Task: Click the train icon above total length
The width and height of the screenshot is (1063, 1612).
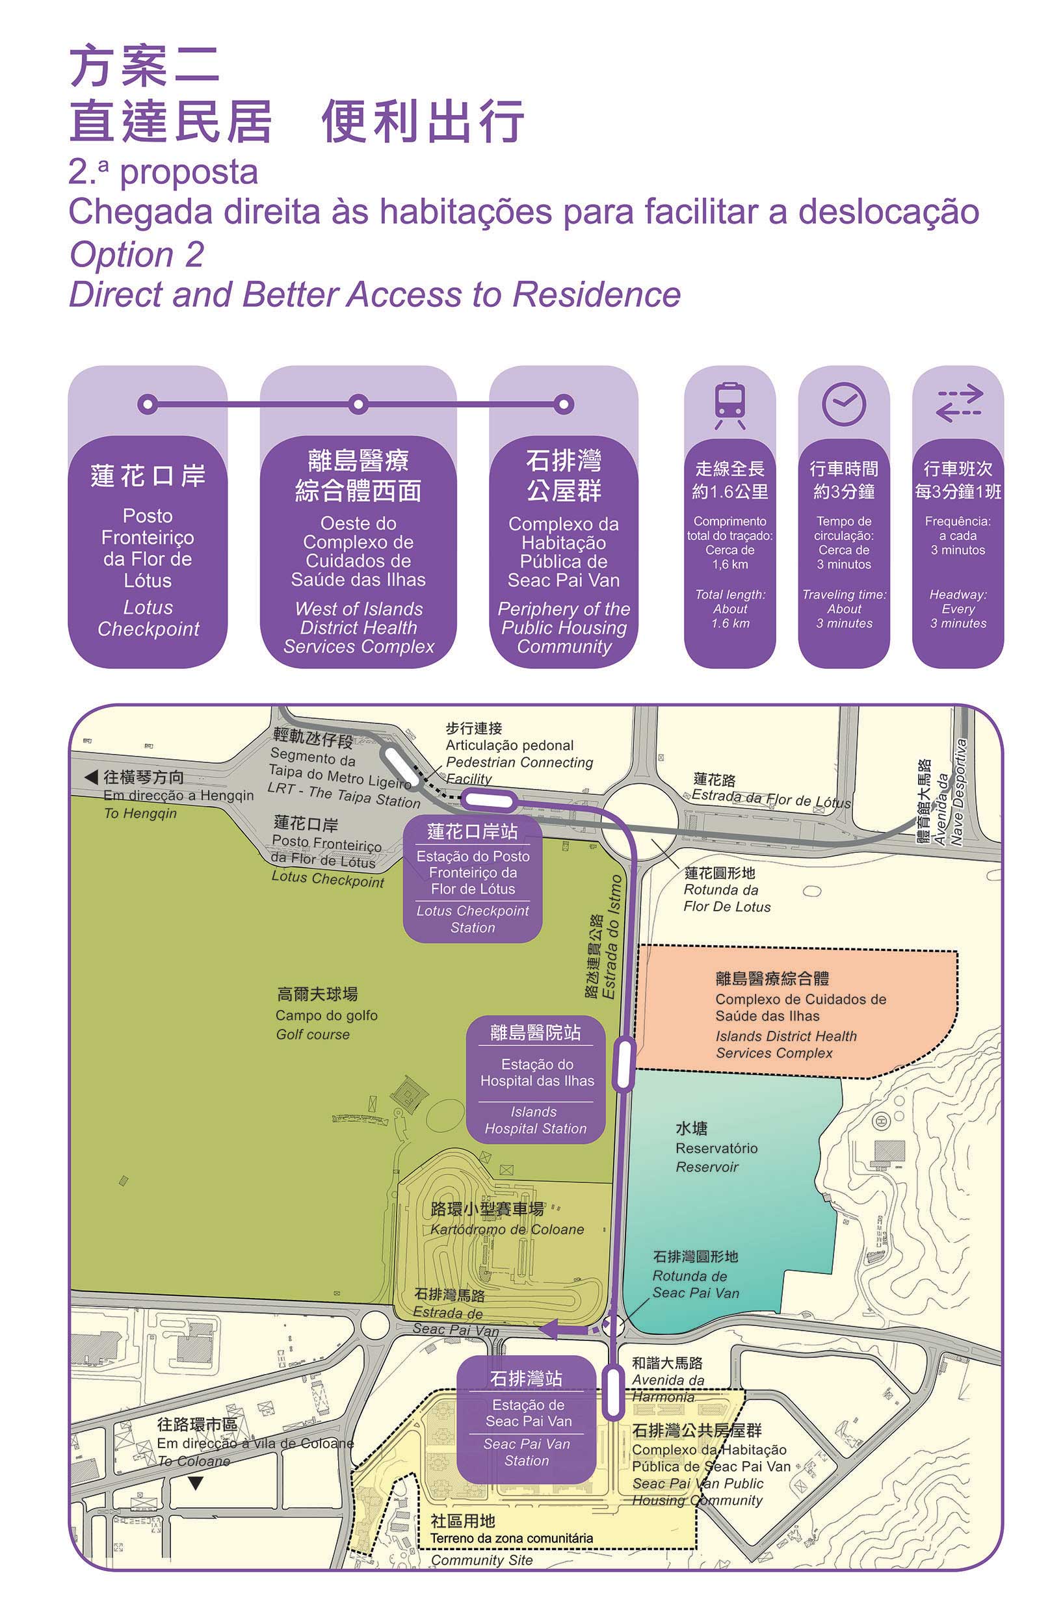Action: (x=729, y=404)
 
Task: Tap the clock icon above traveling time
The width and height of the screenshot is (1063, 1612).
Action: (x=843, y=404)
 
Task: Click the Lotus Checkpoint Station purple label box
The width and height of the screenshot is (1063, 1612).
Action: (x=473, y=879)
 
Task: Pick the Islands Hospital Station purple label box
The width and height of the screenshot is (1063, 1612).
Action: (x=535, y=1080)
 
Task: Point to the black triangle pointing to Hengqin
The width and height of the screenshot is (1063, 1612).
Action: (x=91, y=777)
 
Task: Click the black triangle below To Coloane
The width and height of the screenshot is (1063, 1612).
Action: (x=195, y=1483)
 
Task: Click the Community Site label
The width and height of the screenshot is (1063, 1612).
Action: (x=481, y=1559)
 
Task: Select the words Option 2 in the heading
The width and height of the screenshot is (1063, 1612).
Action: (x=137, y=255)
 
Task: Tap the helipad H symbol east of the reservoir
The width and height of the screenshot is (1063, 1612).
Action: (x=882, y=1121)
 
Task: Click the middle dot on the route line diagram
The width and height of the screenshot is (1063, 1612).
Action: (x=358, y=404)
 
